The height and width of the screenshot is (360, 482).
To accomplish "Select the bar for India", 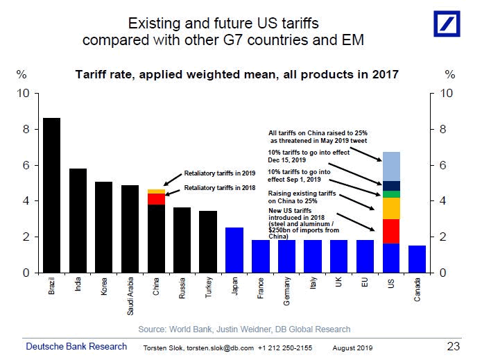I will tap(78, 221).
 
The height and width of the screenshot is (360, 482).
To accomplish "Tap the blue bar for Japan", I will tap(234, 250).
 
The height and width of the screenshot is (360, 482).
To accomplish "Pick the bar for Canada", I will tap(417, 259).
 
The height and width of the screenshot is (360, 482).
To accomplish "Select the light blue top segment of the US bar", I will tap(391, 166).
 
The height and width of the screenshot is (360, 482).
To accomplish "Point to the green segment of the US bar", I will tap(391, 194).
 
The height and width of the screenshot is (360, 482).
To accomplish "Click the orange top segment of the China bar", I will tap(156, 191).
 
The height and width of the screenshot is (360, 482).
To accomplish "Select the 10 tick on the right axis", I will tap(447, 92).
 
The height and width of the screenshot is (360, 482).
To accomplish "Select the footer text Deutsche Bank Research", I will tap(76, 346).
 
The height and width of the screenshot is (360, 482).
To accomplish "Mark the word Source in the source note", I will tap(154, 329).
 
